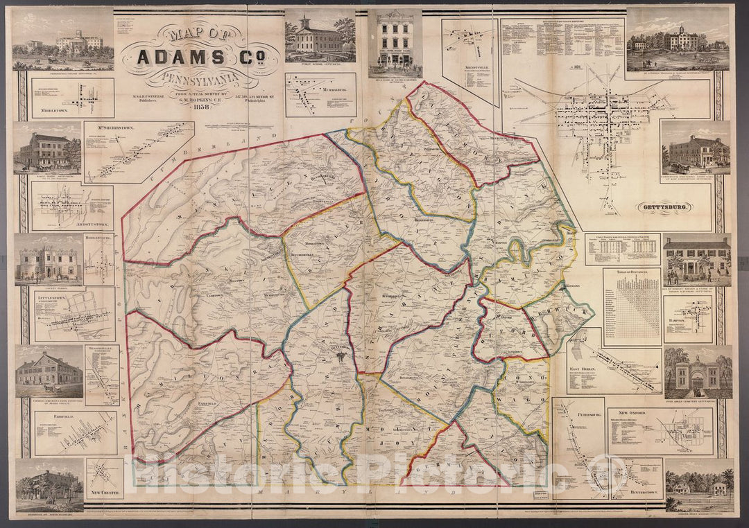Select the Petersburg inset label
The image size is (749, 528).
[x=573, y=414]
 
